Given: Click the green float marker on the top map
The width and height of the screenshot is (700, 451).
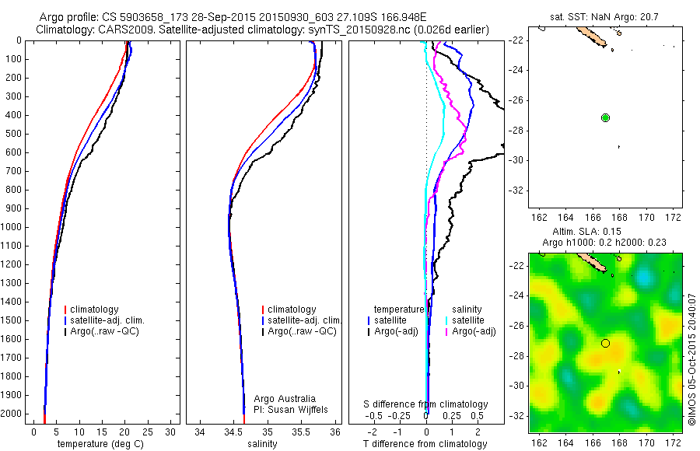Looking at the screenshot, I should [x=605, y=117].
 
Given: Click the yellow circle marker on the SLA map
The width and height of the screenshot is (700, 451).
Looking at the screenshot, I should [x=605, y=343].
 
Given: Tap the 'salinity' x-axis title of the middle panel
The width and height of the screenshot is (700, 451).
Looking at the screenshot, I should [x=261, y=444].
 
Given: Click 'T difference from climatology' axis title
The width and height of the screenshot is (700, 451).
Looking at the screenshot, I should [x=425, y=444].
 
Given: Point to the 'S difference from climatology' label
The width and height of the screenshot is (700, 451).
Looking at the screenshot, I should [x=426, y=404].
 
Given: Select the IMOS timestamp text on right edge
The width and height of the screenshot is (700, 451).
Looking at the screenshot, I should [x=691, y=359].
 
